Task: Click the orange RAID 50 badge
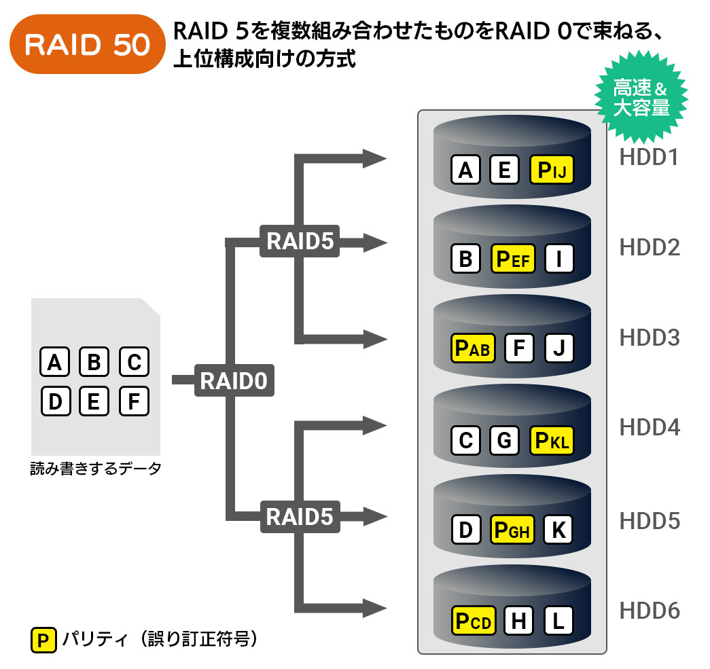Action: (x=87, y=44)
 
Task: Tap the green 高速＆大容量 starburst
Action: (x=641, y=97)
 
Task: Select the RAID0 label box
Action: (x=234, y=380)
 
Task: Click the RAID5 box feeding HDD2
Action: (x=300, y=241)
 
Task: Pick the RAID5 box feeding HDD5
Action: (x=300, y=516)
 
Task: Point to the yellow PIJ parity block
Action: (x=552, y=170)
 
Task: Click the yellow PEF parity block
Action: (x=512, y=259)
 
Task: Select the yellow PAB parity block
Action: (x=473, y=348)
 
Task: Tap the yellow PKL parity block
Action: (x=552, y=440)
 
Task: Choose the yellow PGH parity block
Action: (x=512, y=530)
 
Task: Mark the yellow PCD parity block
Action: (x=474, y=620)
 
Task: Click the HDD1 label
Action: (x=649, y=157)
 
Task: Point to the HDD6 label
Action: (x=650, y=610)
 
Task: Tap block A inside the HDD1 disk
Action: (x=465, y=170)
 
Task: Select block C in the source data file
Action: (x=134, y=361)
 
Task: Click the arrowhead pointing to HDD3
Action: (x=375, y=339)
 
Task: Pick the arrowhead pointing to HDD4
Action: (x=375, y=425)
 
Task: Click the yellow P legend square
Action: (x=43, y=640)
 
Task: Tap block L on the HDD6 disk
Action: (x=558, y=620)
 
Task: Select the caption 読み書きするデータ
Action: (x=96, y=469)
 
